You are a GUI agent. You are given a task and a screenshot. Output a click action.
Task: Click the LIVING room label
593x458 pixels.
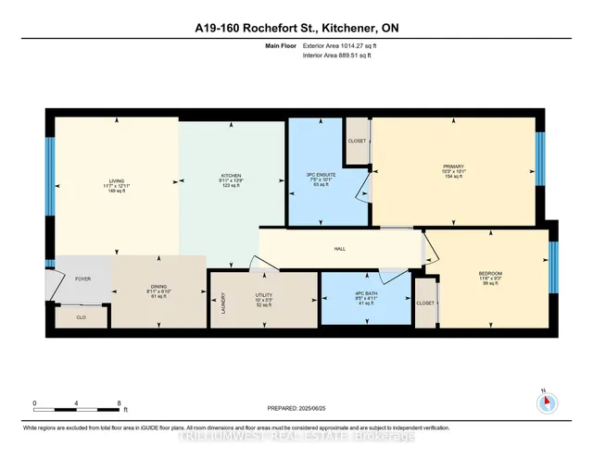click(117, 181)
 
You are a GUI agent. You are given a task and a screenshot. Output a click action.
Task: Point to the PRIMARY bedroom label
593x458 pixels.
click(453, 167)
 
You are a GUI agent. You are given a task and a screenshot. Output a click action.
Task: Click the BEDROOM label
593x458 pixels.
click(490, 274)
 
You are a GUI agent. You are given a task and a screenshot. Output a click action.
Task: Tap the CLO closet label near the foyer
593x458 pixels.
click(80, 316)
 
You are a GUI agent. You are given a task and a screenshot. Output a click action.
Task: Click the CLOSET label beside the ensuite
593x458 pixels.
click(358, 141)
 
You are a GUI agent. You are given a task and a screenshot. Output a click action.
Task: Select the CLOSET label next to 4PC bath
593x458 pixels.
click(425, 303)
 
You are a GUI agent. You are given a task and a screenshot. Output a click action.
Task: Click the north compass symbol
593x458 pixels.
click(546, 401)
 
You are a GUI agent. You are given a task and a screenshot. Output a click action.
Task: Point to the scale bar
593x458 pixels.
click(76, 403)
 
